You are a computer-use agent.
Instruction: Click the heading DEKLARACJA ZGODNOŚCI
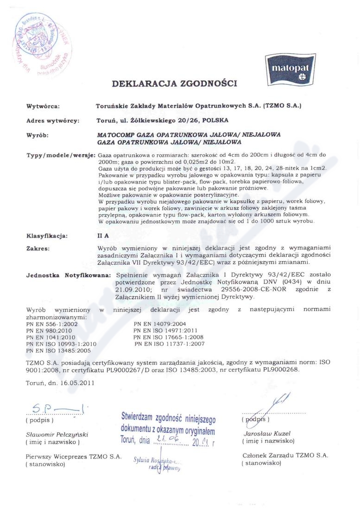pyautogui.click(x=174, y=84)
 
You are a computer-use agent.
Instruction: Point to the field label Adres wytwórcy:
pyautogui.click(x=52, y=121)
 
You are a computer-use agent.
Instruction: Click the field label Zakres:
pyautogui.click(x=39, y=249)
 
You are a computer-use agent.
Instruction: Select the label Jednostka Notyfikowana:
pyautogui.click(x=68, y=275)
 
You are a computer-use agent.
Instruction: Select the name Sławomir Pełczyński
pyautogui.click(x=57, y=435)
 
